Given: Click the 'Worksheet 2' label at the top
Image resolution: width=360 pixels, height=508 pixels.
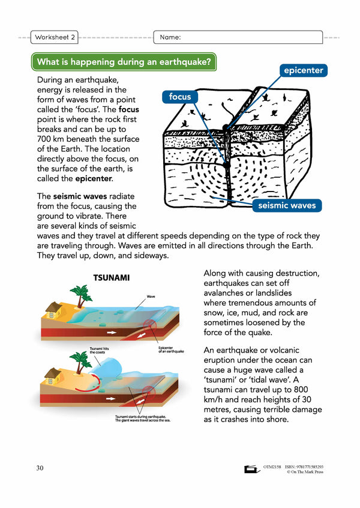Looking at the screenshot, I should pyautogui.click(x=55, y=37).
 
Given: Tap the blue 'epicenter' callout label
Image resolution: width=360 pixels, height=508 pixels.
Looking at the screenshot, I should pyautogui.click(x=303, y=70).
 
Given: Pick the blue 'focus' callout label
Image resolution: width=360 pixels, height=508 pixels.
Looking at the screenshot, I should pyautogui.click(x=179, y=96).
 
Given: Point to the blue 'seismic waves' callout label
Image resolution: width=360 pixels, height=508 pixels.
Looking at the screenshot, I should pyautogui.click(x=287, y=205).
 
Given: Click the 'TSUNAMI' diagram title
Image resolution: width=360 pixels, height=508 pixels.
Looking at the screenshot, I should pyautogui.click(x=112, y=278).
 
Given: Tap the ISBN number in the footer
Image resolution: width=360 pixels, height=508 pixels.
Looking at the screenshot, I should pyautogui.click(x=315, y=466).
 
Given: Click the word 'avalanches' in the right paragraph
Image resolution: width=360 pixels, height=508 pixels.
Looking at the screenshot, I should pyautogui.click(x=229, y=293).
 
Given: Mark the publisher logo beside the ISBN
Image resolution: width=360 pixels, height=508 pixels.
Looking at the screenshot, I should pyautogui.click(x=251, y=470).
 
